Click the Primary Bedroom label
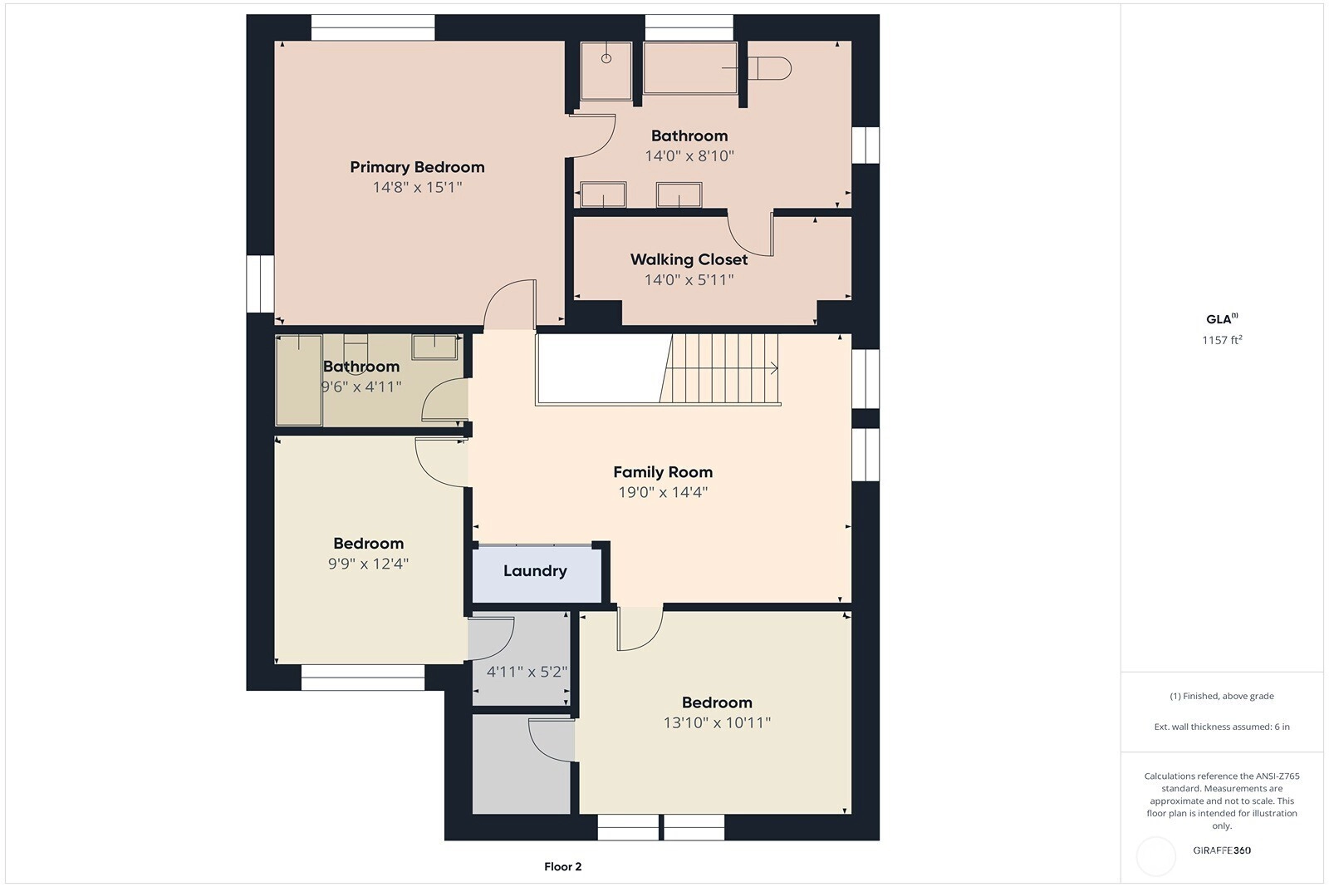click(417, 167)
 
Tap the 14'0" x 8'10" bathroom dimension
click(689, 156)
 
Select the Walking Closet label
click(689, 260)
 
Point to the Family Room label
click(663, 472)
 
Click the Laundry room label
click(535, 571)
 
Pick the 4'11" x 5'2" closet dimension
click(527, 672)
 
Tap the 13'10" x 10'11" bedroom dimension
click(717, 722)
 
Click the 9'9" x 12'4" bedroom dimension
click(369, 564)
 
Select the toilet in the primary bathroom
click(769, 68)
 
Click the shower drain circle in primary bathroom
click(606, 58)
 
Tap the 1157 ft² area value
click(1222, 340)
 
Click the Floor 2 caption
click(562, 867)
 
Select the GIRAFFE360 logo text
click(1222, 850)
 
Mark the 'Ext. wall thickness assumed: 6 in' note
click(1222, 727)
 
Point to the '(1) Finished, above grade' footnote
click(1222, 696)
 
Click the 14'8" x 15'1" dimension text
click(417, 188)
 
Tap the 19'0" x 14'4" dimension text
click(663, 492)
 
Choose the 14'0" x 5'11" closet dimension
click(689, 279)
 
